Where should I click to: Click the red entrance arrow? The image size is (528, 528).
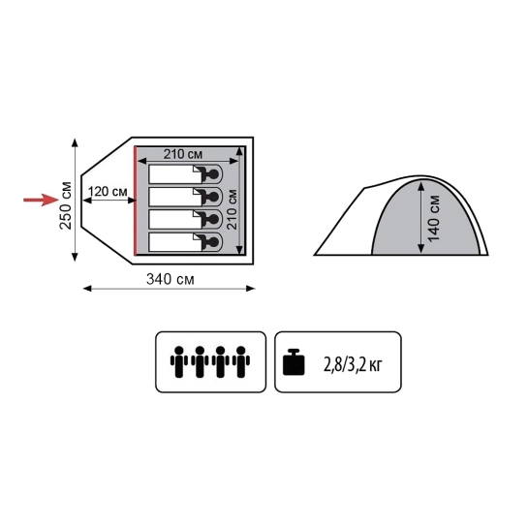(x=41, y=200)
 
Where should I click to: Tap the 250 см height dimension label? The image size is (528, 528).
(x=66, y=205)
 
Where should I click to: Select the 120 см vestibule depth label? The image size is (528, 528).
(x=108, y=192)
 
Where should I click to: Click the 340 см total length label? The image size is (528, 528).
(x=171, y=279)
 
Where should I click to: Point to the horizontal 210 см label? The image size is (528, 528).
(x=183, y=154)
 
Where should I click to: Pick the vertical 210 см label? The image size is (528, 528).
(x=232, y=209)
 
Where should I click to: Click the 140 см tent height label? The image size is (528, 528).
(x=434, y=218)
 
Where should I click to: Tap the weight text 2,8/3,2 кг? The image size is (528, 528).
(x=353, y=364)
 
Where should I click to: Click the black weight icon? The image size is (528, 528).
(x=294, y=362)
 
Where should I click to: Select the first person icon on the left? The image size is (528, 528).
(x=179, y=361)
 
